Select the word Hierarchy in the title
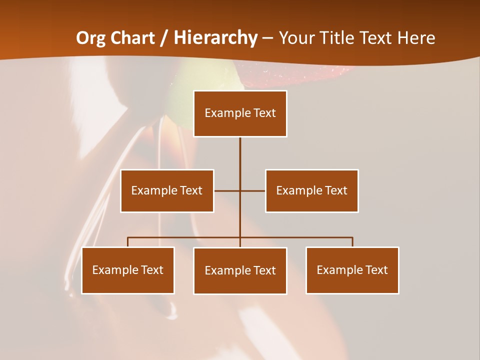pyautogui.click(x=215, y=38)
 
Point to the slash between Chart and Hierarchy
pyautogui.click(x=163, y=38)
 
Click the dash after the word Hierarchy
pyautogui.click(x=267, y=38)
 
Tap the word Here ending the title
pyautogui.click(x=416, y=38)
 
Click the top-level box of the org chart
pyautogui.click(x=240, y=113)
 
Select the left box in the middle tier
pyautogui.click(x=167, y=190)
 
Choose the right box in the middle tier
pyautogui.click(x=312, y=190)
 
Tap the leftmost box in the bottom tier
pyautogui.click(x=128, y=270)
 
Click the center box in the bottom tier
pyautogui.click(x=240, y=270)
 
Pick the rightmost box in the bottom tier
pyautogui.click(x=352, y=270)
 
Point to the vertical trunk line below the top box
pyautogui.click(x=240, y=160)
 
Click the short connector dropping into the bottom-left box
pyautogui.click(x=128, y=242)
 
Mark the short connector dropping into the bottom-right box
pyautogui.click(x=352, y=242)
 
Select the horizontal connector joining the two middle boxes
pyautogui.click(x=227, y=190)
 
